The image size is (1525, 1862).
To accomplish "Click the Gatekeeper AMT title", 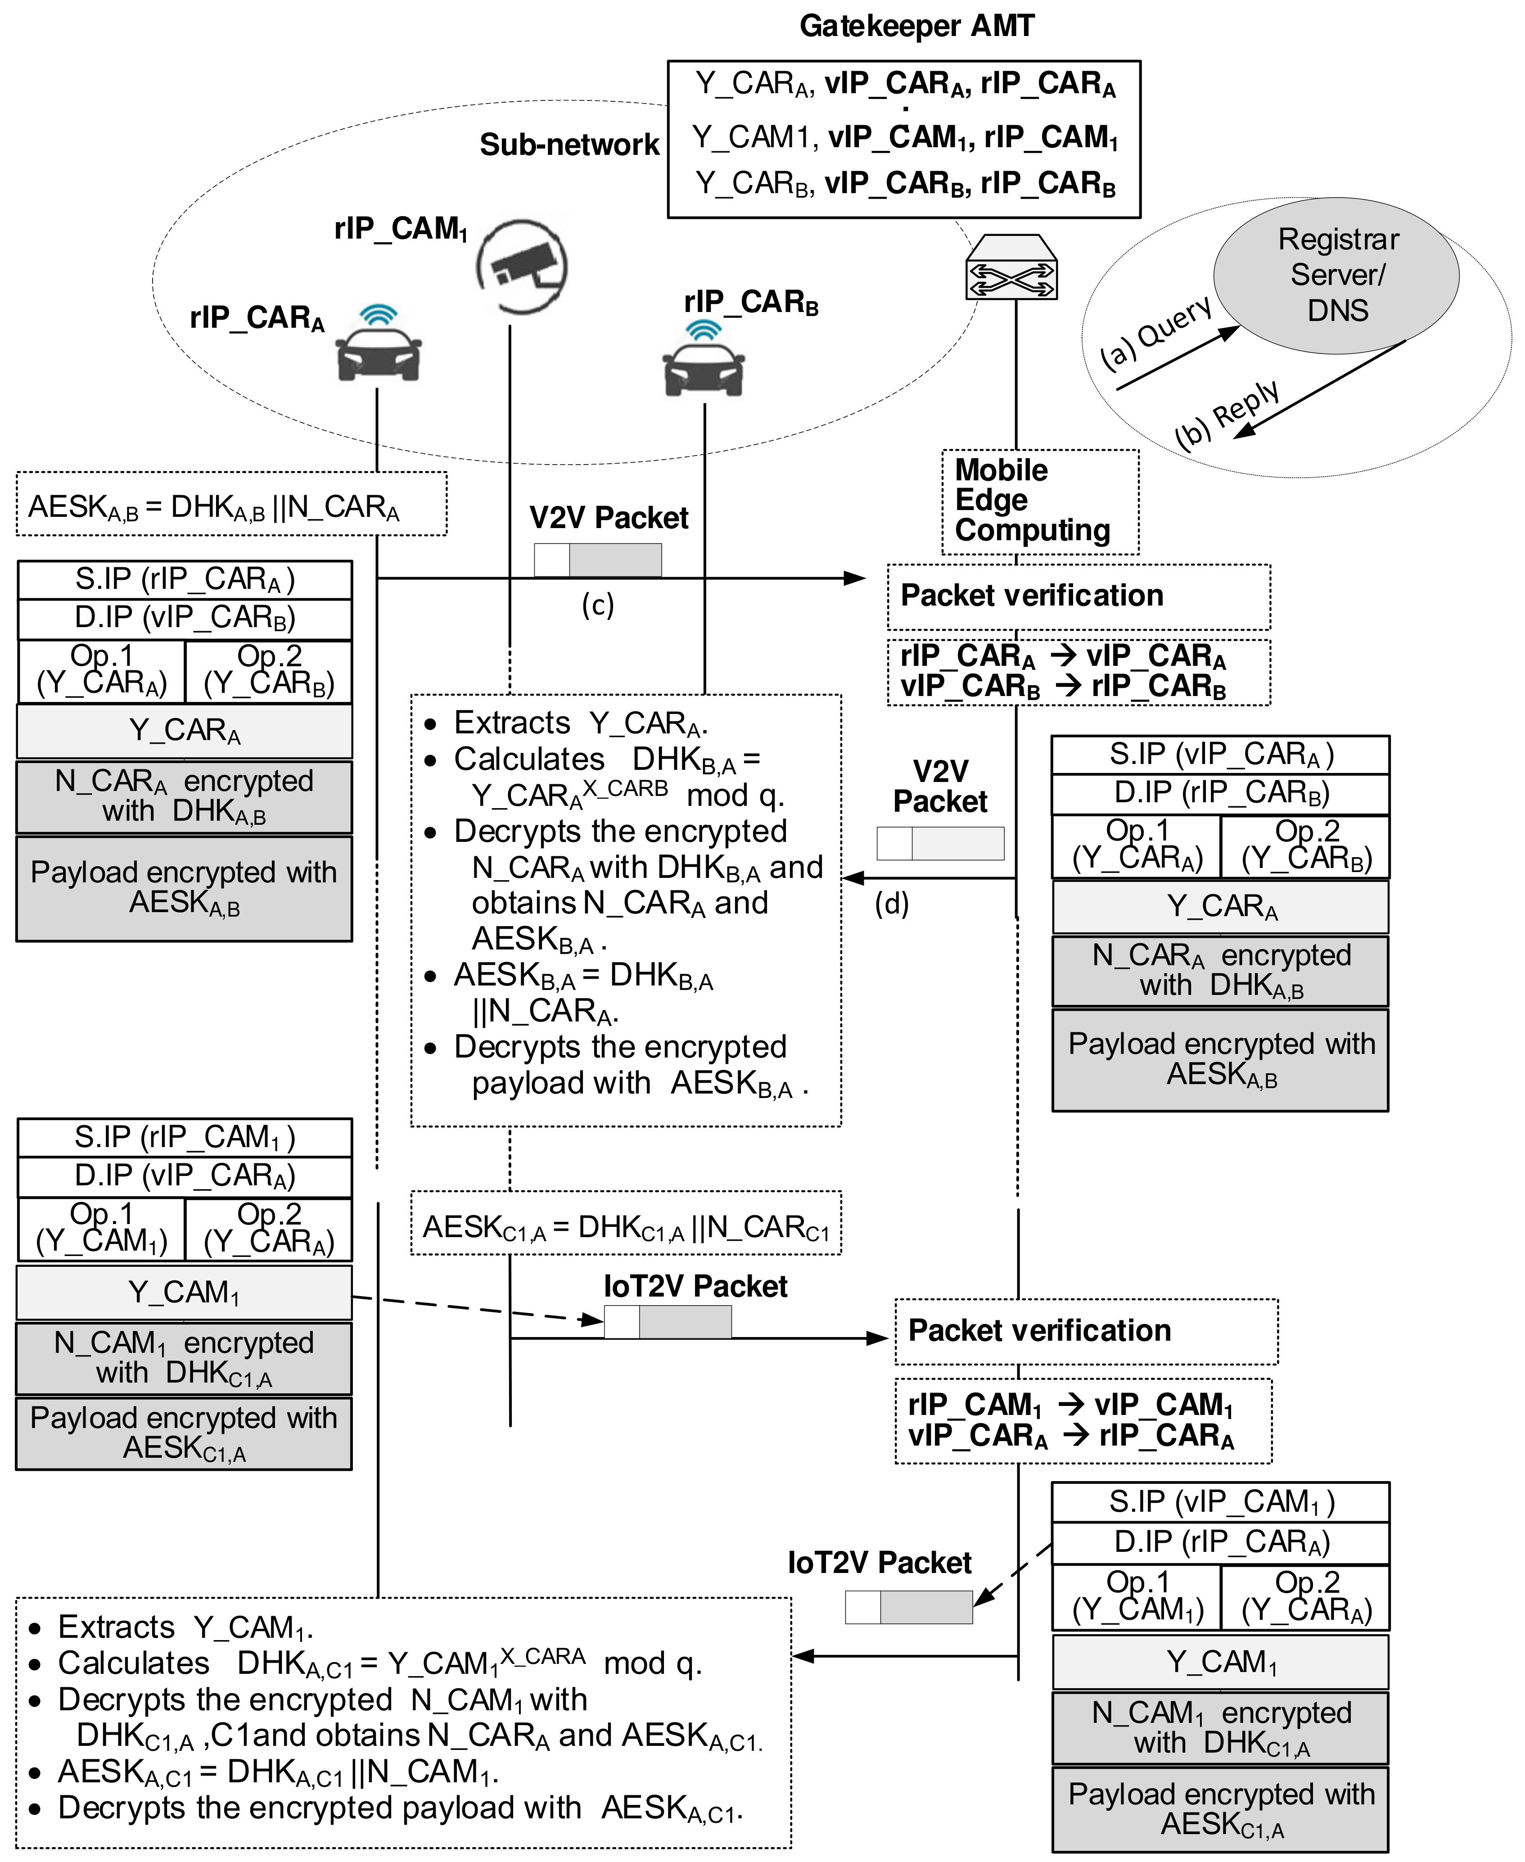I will (916, 27).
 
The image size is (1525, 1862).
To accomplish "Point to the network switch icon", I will (1011, 267).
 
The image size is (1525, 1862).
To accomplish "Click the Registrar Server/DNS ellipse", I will (1336, 275).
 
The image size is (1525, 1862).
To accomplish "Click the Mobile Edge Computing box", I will (1039, 501).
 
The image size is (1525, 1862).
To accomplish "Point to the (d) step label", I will (892, 904).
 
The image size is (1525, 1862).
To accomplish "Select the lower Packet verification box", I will (1086, 1330).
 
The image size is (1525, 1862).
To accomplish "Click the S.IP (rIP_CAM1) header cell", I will (185, 1137).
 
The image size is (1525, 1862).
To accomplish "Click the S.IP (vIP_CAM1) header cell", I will (1220, 1502).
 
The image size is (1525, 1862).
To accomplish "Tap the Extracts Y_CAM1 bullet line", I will (185, 1627).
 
